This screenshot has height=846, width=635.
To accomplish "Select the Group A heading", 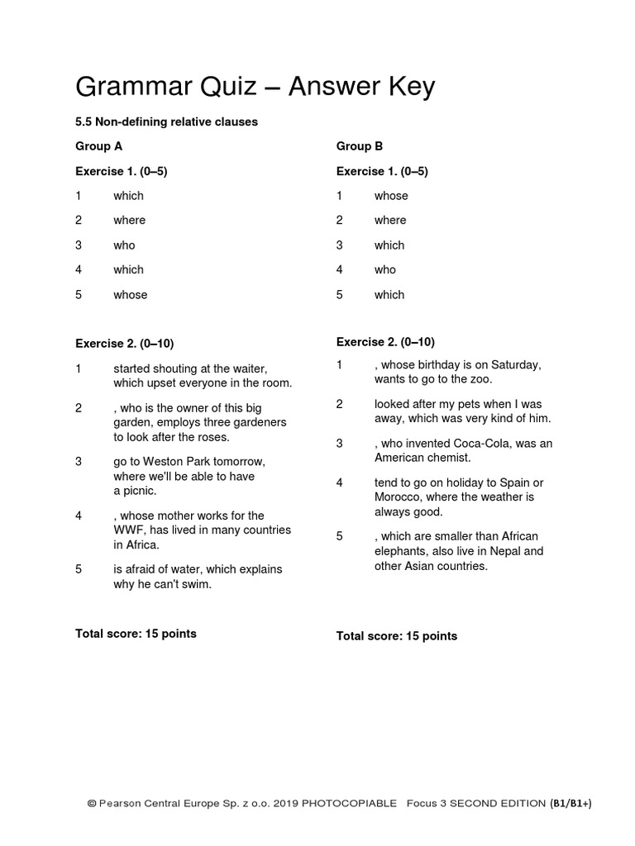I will (x=99, y=146).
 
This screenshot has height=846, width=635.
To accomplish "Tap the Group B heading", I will (x=360, y=146).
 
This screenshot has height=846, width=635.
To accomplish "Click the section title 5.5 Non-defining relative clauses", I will (x=166, y=121).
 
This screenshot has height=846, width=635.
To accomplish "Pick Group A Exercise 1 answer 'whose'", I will (x=131, y=294).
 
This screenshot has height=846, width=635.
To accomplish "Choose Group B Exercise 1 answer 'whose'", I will (x=391, y=196).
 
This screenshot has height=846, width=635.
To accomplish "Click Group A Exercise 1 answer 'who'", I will (x=124, y=245).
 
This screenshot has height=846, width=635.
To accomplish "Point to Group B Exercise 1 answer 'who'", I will (x=385, y=269).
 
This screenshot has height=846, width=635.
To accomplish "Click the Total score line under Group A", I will (x=136, y=634).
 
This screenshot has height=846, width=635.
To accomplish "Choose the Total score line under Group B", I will (x=396, y=635).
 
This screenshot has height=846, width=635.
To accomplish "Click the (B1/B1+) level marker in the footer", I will (x=571, y=803).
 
